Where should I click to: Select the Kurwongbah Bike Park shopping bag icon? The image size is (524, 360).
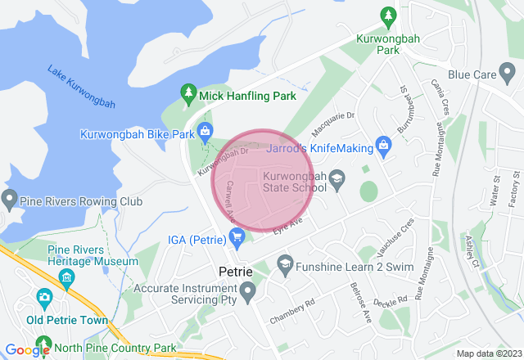pos(205,132)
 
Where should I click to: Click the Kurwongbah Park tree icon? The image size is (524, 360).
pos(389,16)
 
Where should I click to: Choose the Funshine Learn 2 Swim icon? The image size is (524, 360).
pos(284,263)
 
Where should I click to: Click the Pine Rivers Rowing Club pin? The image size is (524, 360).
pos(10,200)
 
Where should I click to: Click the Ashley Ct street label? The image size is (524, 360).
pos(471,251)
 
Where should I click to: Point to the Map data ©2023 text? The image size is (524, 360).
pos(487,353)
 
